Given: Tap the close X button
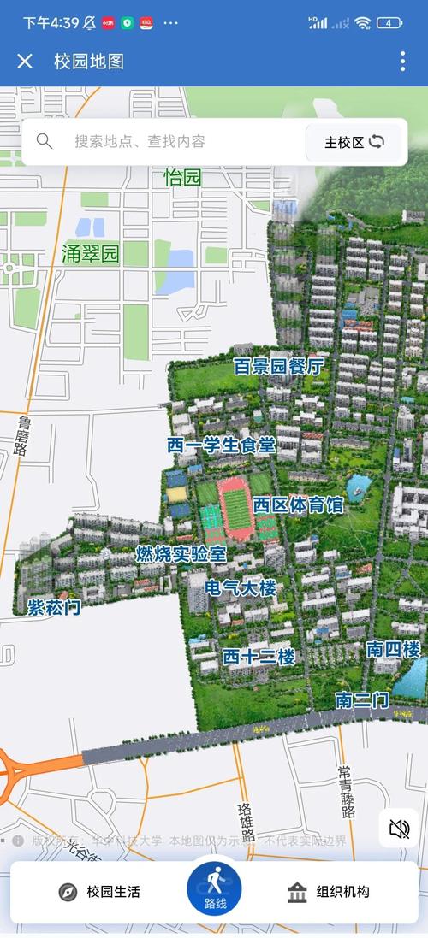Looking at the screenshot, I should pyautogui.click(x=25, y=61).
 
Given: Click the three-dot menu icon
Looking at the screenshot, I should pyautogui.click(x=402, y=61).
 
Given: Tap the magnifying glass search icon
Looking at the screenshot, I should pyautogui.click(x=45, y=141).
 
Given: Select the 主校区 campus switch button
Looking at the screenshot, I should pyautogui.click(x=354, y=142).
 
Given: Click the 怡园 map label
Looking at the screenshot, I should pyautogui.click(x=182, y=178).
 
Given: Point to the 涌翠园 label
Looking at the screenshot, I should pyautogui.click(x=90, y=253).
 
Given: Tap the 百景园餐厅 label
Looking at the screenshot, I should pyautogui.click(x=279, y=367).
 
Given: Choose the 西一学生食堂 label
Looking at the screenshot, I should pyautogui.click(x=222, y=445).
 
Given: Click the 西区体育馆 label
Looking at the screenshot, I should pyautogui.click(x=298, y=504).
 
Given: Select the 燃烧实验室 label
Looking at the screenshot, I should pyautogui.click(x=181, y=554).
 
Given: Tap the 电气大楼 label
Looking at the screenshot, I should pyautogui.click(x=241, y=588).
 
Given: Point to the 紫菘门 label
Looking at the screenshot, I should pyautogui.click(x=53, y=607).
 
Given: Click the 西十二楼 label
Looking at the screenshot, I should pyautogui.click(x=259, y=657).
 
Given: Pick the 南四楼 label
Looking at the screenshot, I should pyautogui.click(x=393, y=648).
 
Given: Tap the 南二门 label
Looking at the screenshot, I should pyautogui.click(x=362, y=700).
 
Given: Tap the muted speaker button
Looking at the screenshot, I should pyautogui.click(x=399, y=828).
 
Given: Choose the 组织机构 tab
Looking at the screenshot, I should pyautogui.click(x=329, y=892).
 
